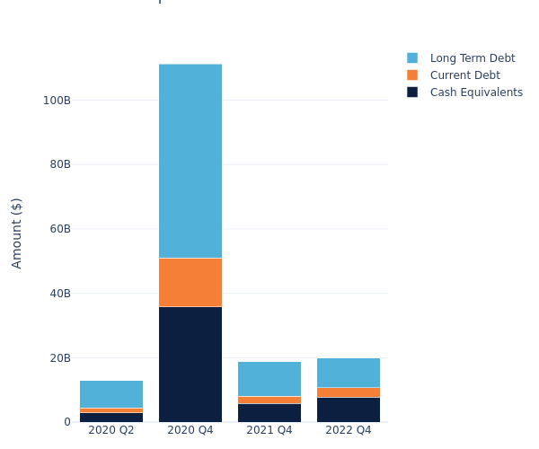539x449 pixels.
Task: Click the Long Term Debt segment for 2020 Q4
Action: (190, 161)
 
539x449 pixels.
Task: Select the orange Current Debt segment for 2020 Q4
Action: (190, 282)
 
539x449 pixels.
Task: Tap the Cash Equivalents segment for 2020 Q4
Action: (190, 364)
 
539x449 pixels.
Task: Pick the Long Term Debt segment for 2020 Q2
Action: (111, 394)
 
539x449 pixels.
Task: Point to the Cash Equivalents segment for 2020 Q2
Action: (111, 418)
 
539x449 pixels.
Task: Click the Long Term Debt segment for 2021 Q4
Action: (269, 379)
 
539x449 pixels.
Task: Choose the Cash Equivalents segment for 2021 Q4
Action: (269, 413)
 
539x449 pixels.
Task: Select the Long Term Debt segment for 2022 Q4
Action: (349, 373)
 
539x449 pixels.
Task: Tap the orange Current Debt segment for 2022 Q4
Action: (349, 392)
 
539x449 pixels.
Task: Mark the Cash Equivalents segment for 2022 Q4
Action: (349, 409)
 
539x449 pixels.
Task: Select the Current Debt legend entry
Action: (464, 75)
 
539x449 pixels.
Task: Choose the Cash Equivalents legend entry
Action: (476, 92)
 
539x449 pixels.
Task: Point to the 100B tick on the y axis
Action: (57, 100)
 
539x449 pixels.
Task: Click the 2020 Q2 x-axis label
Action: (111, 430)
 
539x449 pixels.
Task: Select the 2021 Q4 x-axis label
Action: (269, 430)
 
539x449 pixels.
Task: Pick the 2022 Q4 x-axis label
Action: (349, 430)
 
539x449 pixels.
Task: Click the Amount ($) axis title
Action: (17, 233)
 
